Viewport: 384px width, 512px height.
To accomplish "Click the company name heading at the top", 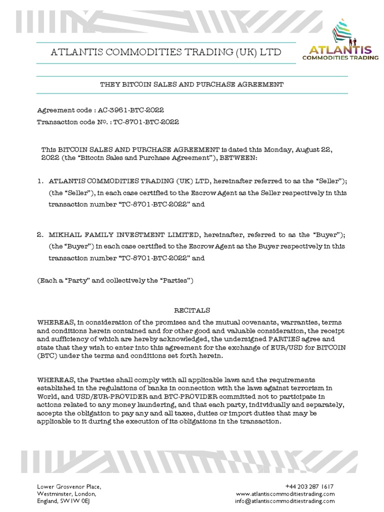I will (x=166, y=52).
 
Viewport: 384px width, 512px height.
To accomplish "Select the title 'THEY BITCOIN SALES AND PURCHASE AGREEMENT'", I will (x=192, y=84).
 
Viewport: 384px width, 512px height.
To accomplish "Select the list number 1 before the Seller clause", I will (x=40, y=179).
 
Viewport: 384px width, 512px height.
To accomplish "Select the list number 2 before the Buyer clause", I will (x=40, y=233).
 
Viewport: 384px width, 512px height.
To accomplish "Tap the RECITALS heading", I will (x=192, y=310).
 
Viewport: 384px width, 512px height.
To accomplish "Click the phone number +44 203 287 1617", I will (x=309, y=486).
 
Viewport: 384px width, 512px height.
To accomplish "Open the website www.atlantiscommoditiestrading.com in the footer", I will (x=285, y=493).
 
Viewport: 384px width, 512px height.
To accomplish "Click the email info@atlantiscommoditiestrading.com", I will (x=285, y=500).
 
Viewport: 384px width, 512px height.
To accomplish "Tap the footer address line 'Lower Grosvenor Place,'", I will (x=69, y=486).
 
